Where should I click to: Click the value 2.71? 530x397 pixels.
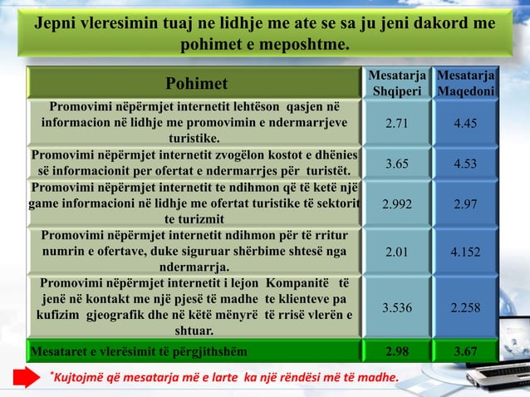click(397, 124)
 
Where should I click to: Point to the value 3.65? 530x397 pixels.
click(397, 164)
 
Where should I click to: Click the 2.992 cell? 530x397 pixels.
click(397, 203)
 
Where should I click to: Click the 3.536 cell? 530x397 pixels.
click(397, 307)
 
